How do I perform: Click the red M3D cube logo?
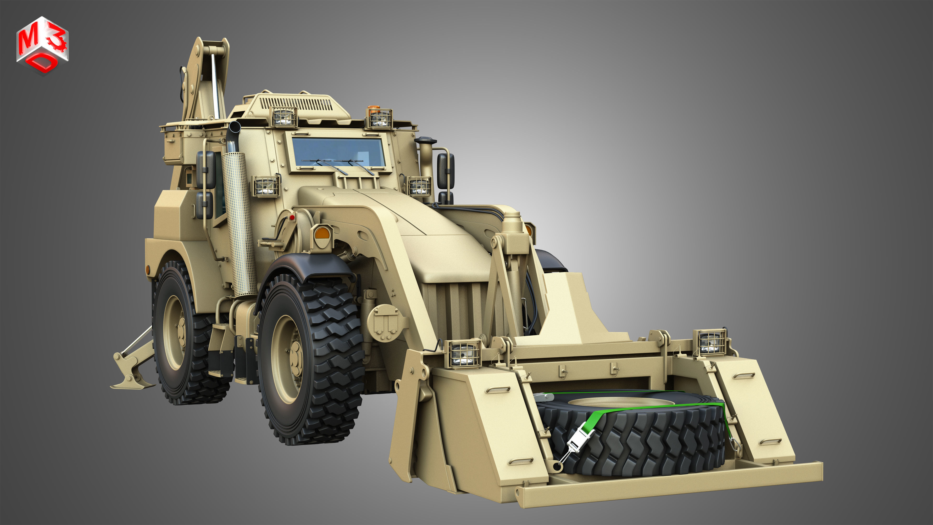(42, 45)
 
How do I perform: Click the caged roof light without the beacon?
(283, 117)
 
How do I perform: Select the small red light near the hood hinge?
(292, 217)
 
